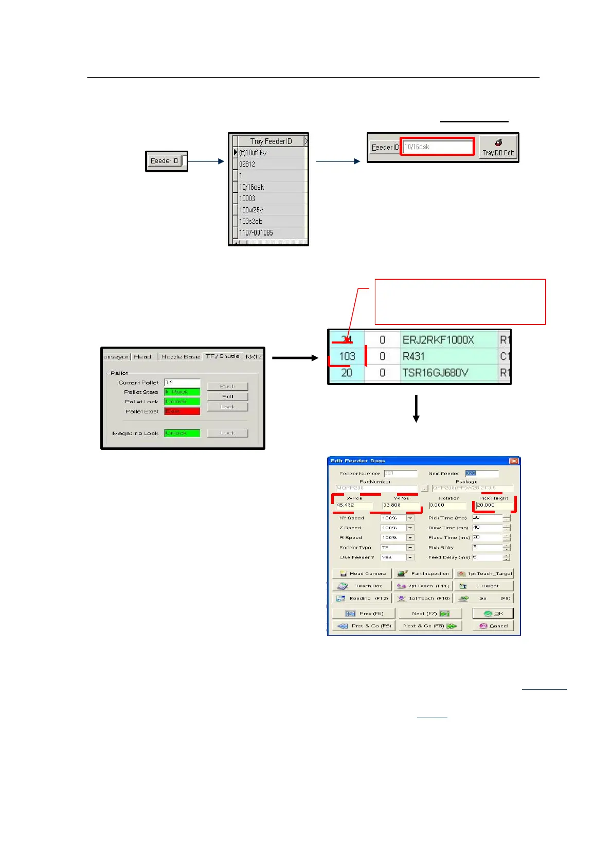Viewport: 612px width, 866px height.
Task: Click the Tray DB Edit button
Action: click(498, 147)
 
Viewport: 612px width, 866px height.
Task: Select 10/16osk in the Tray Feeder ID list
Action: click(251, 187)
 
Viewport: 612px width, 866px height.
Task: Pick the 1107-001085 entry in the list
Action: click(256, 233)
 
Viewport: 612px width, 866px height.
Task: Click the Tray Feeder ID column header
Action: click(271, 141)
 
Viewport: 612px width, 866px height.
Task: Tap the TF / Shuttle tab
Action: click(222, 356)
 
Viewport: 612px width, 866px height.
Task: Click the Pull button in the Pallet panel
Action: click(227, 396)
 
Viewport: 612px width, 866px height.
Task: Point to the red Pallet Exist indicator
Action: click(182, 411)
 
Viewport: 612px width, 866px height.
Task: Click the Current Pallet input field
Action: click(182, 383)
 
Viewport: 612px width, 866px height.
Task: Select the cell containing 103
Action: click(347, 356)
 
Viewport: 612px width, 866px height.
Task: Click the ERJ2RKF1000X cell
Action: click(438, 340)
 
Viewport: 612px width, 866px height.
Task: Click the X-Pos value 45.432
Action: click(353, 506)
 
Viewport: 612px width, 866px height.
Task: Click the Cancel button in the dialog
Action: click(493, 626)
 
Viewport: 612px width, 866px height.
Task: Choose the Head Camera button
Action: click(362, 573)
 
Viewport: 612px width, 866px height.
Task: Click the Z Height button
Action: click(483, 586)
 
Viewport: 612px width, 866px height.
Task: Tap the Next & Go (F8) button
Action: click(429, 626)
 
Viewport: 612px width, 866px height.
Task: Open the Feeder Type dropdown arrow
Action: click(410, 548)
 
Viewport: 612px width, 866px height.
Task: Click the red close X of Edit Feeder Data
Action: click(513, 461)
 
